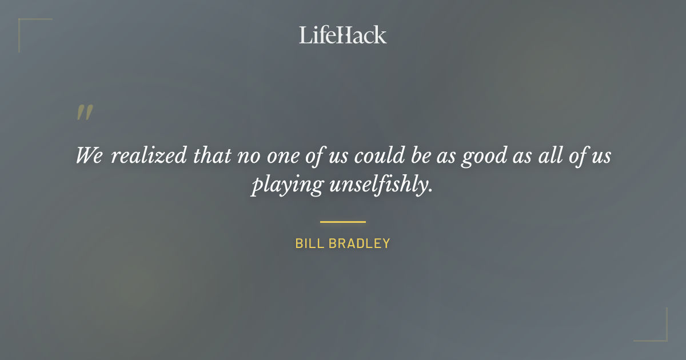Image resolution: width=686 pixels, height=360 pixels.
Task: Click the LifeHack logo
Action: [343, 35]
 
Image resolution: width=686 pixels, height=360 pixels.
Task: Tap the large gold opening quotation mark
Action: [85, 113]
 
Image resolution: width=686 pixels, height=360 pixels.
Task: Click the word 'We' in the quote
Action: [89, 155]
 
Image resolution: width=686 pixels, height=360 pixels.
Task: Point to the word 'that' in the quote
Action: [212, 155]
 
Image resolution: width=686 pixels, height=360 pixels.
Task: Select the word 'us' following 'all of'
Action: [600, 155]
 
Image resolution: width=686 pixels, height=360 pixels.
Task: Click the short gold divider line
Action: [343, 222]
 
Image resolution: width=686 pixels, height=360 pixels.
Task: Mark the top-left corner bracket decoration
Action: [26, 26]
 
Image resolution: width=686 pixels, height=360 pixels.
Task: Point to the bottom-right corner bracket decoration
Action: [660, 334]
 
